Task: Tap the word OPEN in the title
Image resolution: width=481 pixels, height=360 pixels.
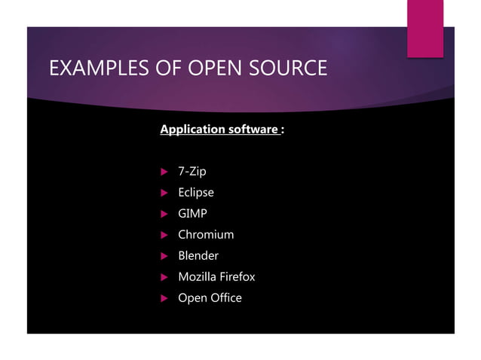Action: click(211, 69)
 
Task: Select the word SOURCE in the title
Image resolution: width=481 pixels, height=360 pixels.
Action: click(287, 69)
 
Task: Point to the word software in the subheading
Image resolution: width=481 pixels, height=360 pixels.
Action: click(252, 130)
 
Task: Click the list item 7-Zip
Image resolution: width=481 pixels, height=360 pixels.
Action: click(191, 172)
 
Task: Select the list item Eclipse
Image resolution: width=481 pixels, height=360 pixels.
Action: click(195, 193)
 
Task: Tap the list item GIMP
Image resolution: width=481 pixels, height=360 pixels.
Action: click(192, 214)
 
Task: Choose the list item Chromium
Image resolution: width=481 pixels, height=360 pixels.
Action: click(206, 235)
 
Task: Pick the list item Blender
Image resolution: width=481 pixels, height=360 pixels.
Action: click(198, 256)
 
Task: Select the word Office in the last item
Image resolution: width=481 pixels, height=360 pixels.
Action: click(226, 298)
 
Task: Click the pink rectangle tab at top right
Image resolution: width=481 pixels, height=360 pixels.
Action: click(425, 28)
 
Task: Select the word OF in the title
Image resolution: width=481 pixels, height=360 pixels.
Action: click(163, 69)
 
